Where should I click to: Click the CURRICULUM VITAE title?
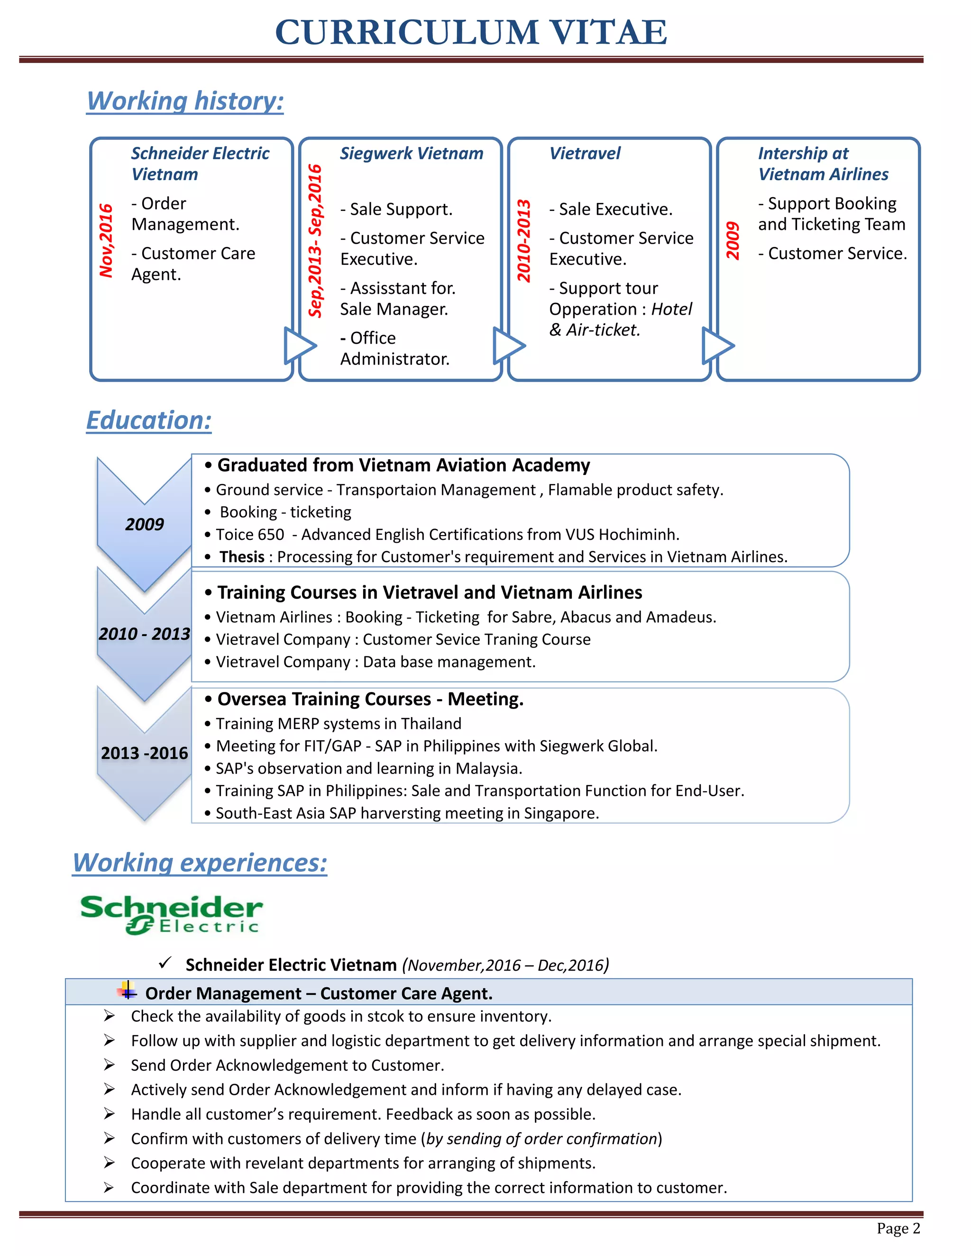pyautogui.click(x=471, y=32)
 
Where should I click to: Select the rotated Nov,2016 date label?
pyautogui.click(x=106, y=240)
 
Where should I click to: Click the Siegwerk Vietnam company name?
pyautogui.click(x=411, y=154)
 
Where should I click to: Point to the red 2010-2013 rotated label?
pyautogui.click(x=523, y=240)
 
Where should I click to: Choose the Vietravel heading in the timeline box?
pyautogui.click(x=585, y=154)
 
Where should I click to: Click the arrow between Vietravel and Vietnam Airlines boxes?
pyautogui.click(x=717, y=346)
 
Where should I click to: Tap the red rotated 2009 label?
pyautogui.click(x=732, y=240)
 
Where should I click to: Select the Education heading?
pyautogui.click(x=148, y=420)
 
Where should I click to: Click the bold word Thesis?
pyautogui.click(x=242, y=557)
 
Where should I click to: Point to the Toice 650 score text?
pyautogui.click(x=250, y=534)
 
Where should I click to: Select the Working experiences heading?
pyautogui.click(x=200, y=863)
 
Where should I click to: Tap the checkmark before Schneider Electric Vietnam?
pyautogui.click(x=165, y=962)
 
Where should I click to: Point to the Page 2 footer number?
pyautogui.click(x=898, y=1229)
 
